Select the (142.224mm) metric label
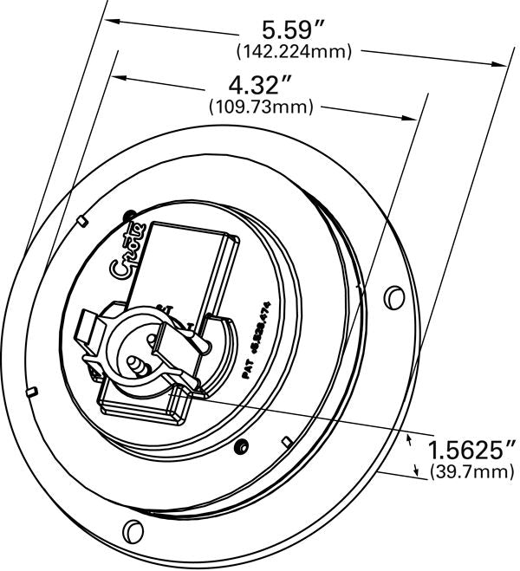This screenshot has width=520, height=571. tap(294, 52)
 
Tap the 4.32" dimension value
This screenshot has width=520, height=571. tap(259, 86)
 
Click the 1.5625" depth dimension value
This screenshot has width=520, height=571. tap(472, 450)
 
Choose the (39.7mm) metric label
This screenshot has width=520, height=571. tap(472, 471)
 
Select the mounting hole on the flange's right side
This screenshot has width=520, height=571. tap(393, 296)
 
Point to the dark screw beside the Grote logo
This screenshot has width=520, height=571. tap(130, 214)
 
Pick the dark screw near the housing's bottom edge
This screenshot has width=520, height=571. tap(243, 446)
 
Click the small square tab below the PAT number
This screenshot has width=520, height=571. tap(283, 437)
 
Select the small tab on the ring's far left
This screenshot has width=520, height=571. tap(32, 390)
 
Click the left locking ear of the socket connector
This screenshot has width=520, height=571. tap(90, 331)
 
